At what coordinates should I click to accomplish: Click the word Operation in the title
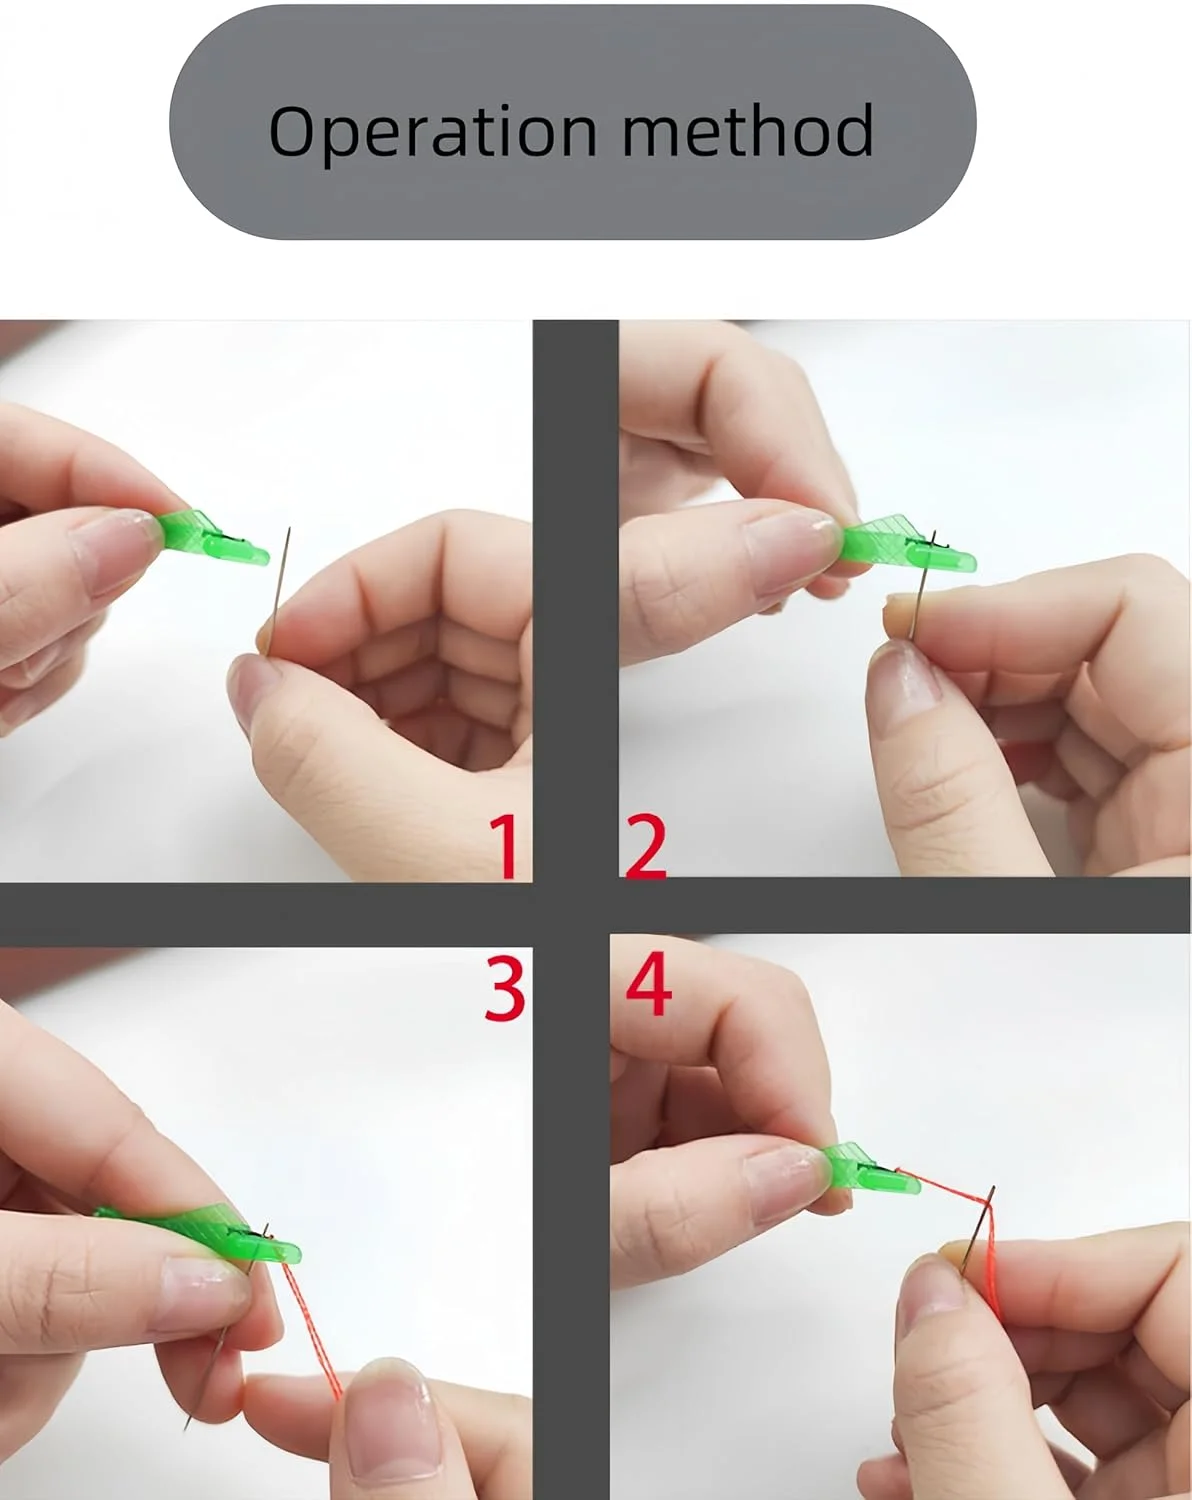point(433,132)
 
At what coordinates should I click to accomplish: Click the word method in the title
point(747,130)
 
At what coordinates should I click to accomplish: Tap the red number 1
point(505,846)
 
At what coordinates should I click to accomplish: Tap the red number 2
point(645,845)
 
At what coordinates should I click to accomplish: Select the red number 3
point(504,988)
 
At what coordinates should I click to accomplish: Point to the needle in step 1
point(278,591)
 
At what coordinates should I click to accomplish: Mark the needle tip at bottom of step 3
point(185,1425)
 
